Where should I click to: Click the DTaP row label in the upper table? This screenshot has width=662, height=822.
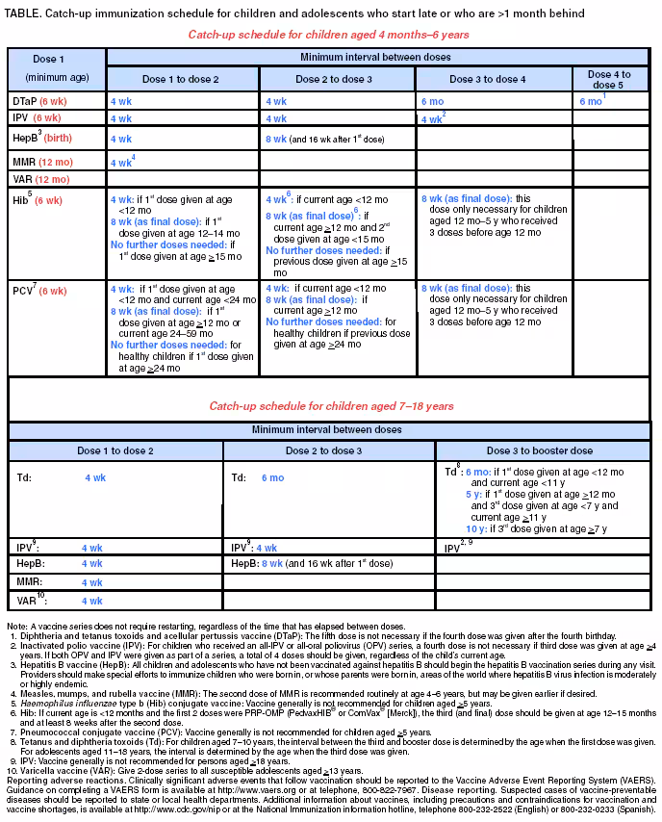[x=40, y=100]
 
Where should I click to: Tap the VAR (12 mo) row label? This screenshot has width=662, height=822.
[x=39, y=179]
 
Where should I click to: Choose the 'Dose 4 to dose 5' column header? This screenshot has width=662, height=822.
[x=608, y=79]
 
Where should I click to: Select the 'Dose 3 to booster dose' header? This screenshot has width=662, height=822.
[x=539, y=450]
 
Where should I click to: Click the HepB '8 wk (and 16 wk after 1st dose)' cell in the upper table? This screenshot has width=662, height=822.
[x=324, y=140]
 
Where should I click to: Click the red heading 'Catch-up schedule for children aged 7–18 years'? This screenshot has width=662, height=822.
[x=331, y=406]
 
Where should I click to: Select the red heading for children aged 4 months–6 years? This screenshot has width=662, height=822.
[x=330, y=34]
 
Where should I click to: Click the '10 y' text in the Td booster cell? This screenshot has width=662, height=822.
[x=474, y=528]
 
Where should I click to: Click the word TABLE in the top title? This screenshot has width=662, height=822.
[x=26, y=12]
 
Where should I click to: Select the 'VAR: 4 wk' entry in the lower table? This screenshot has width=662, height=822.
[x=60, y=601]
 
